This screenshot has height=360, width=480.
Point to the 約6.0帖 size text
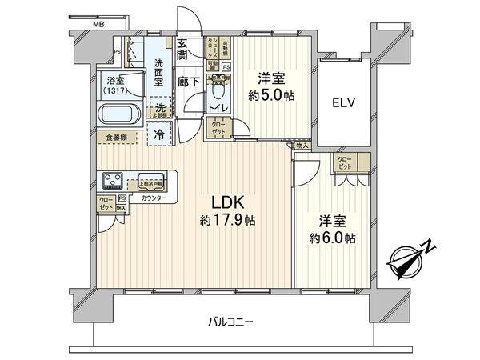(x=333, y=238)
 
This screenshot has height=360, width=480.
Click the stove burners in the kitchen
(x=111, y=180)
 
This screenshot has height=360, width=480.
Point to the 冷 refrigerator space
(x=160, y=134)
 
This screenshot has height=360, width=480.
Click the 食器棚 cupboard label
(x=117, y=138)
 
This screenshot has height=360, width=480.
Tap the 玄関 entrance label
(x=182, y=50)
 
